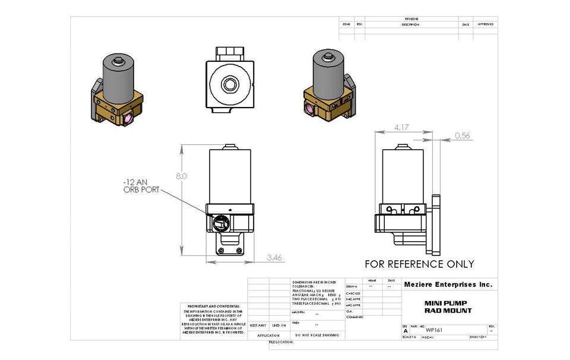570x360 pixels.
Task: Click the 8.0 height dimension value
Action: pos(182,176)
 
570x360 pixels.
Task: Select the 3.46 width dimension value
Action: pos(275,258)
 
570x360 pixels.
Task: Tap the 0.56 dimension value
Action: pos(463,135)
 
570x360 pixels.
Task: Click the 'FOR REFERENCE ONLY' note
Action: pos(419,264)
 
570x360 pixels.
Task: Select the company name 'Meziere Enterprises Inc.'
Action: pos(448,285)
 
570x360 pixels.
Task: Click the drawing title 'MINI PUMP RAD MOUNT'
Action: pos(448,307)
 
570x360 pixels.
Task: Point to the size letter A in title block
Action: pos(406,330)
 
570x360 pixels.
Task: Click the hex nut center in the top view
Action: pos(229,84)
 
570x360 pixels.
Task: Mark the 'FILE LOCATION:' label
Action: pos(281,343)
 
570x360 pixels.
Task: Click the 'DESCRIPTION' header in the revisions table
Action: pos(410,24)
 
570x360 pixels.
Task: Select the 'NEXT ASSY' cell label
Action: pos(258,326)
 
